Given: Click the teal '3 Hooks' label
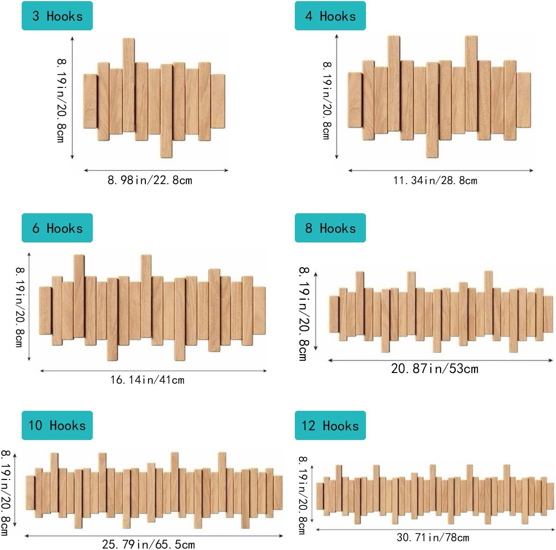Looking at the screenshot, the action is tap(57, 16).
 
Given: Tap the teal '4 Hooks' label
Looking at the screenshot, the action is tap(330, 16).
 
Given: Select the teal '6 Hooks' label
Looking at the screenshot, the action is tap(57, 228).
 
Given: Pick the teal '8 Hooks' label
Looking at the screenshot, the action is tap(330, 228).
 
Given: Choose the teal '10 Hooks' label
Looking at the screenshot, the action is tap(57, 425).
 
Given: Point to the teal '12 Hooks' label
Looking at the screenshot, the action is tap(330, 425).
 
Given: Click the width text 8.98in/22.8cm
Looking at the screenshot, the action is tap(150, 180).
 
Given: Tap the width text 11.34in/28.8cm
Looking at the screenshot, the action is tap(435, 181).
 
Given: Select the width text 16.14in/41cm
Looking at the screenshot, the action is tap(147, 380).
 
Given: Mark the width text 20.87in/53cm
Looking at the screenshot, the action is tap(435, 369).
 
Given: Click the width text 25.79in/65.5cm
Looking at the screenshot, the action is tap(149, 544).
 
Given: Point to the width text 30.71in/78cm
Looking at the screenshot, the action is tap(433, 538).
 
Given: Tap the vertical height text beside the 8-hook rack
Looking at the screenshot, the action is tap(303, 314).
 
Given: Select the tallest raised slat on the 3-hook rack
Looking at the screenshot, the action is tap(129, 85).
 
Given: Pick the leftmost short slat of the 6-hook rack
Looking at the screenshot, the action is tap(45, 311).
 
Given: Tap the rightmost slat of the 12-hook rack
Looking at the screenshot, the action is tap(550, 496).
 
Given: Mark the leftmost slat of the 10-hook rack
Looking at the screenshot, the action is tap(30, 492).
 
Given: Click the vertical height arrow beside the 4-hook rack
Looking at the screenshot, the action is tap(337, 97).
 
